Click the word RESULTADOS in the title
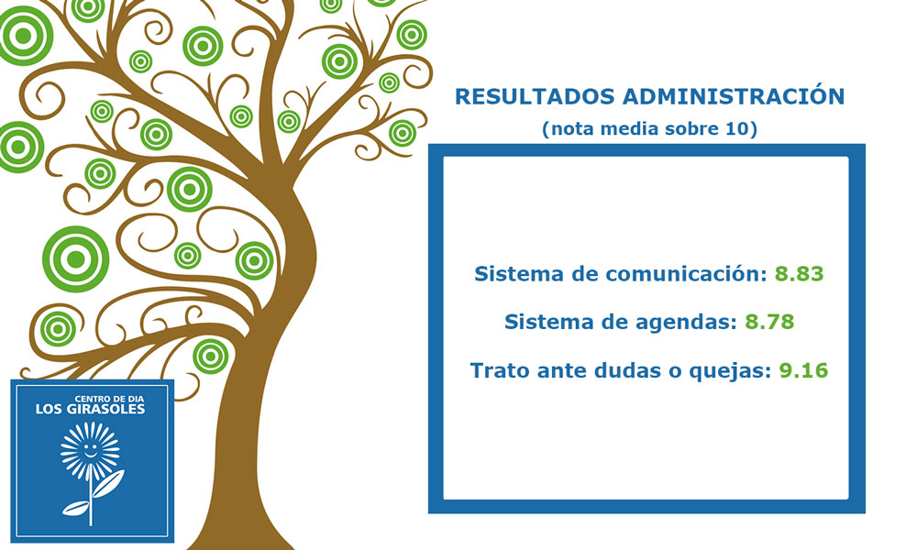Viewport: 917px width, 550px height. (x=535, y=97)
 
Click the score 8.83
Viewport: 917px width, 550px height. (x=799, y=273)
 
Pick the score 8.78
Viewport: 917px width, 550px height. (x=769, y=322)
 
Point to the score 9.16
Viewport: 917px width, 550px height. (x=803, y=370)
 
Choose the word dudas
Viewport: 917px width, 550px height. (x=628, y=370)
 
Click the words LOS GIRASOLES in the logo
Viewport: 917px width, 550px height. (x=90, y=409)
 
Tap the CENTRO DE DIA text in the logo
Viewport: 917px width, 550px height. (x=109, y=399)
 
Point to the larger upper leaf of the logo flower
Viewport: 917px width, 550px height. (x=109, y=483)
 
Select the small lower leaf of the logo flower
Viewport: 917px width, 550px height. (x=75, y=508)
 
